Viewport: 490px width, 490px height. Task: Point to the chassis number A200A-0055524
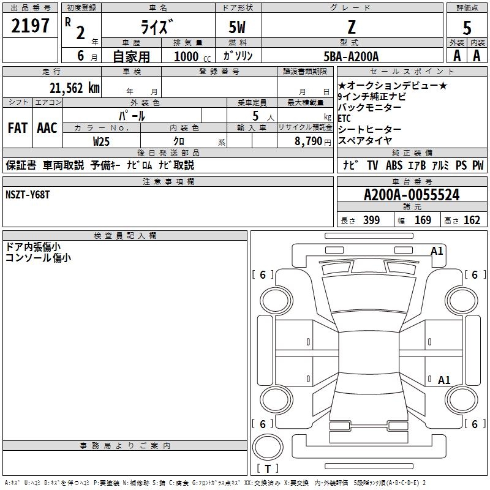point(411,195)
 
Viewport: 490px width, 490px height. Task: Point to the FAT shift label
point(18,128)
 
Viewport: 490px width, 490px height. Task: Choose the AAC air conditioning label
point(47,128)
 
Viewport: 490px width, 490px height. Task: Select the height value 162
point(472,221)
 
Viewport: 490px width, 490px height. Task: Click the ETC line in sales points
point(345,118)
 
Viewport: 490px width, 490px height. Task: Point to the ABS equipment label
point(393,165)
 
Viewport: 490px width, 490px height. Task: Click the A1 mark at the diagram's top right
point(437,251)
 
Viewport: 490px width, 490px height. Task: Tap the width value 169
point(423,221)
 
